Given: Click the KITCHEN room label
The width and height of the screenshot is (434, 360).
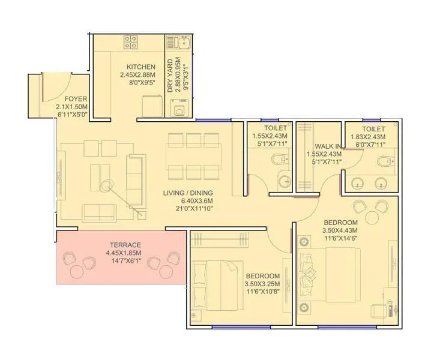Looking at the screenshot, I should (141, 67).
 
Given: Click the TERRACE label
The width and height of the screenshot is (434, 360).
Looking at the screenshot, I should (125, 245).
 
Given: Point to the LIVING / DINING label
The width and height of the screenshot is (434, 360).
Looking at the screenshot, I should (188, 193).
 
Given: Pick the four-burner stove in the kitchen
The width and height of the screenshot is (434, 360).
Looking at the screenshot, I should (131, 43).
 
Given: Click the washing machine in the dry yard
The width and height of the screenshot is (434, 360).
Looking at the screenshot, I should (179, 110).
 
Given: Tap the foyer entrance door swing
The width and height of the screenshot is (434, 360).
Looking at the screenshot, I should (56, 87).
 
